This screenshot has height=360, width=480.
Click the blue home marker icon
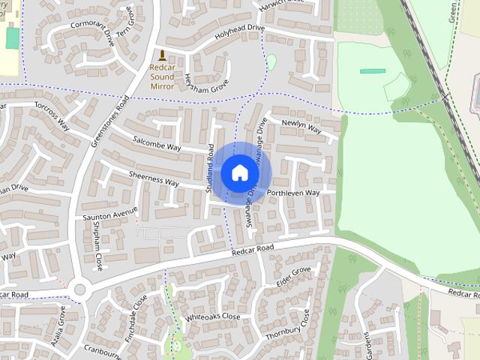[239, 173]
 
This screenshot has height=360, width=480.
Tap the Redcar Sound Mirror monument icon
[162, 55]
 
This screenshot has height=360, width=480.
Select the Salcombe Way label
[157, 142]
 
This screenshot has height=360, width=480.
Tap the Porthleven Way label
[293, 193]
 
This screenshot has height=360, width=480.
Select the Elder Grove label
[293, 277]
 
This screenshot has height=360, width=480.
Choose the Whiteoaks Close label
[213, 317]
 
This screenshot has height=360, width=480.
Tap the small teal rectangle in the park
[373, 71]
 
